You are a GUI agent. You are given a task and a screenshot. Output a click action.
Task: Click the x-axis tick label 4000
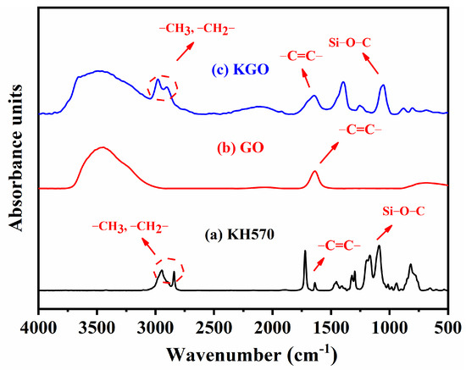39,327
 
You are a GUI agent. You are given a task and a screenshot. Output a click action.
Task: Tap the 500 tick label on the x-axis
446,327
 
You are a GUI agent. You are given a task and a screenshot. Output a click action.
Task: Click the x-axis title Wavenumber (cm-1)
243,351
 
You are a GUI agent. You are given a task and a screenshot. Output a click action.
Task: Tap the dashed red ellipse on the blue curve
163,88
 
